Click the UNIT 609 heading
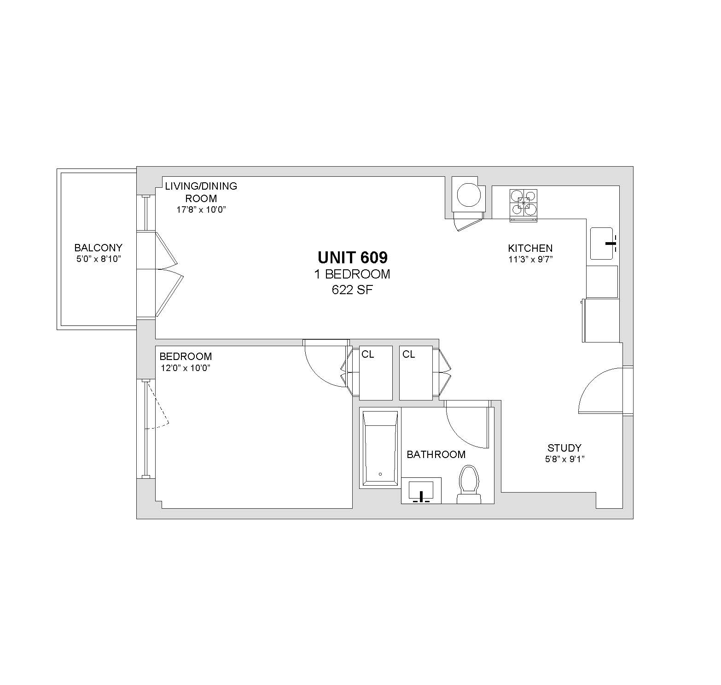pos(353,257)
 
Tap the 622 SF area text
pos(353,290)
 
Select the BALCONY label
pos(99,248)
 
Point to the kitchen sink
pos(602,243)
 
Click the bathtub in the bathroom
pos(380,448)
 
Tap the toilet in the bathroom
pos(469,484)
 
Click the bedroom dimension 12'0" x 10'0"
pos(186,368)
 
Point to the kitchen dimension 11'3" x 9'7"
pos(530,259)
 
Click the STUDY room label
pos(564,448)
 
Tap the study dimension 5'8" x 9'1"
pos(564,459)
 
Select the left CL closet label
pos(368,354)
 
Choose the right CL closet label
pos(409,354)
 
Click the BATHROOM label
pos(436,455)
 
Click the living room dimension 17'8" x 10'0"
pos(201,210)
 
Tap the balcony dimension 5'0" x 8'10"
pos(99,259)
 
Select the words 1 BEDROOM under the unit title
pos(352,274)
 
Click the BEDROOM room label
pos(186,356)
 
